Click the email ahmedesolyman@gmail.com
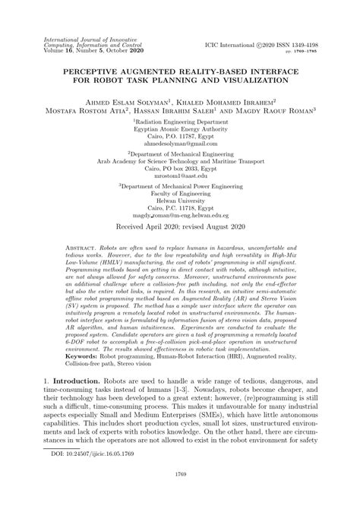179,143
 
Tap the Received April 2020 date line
180,227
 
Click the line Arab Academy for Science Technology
180,161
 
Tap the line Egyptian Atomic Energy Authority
180,128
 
